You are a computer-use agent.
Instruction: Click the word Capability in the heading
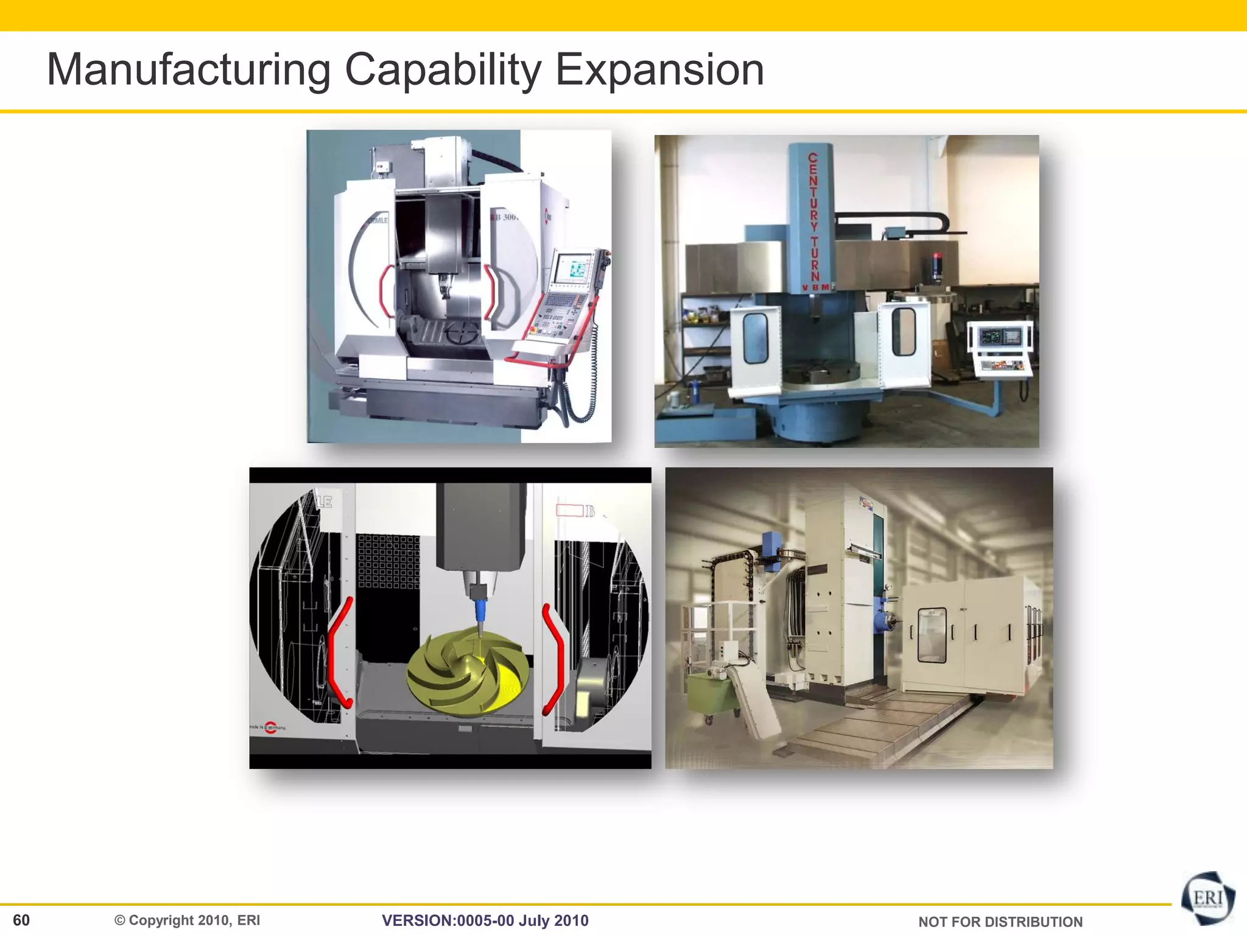point(443,70)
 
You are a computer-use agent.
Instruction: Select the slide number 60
point(21,920)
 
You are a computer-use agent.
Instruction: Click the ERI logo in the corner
point(1208,898)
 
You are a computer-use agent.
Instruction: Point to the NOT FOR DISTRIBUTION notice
point(1000,922)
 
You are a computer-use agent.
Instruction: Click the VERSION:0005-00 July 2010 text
point(485,920)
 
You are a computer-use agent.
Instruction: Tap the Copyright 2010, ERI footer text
point(188,920)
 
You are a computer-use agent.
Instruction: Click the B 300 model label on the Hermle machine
point(505,217)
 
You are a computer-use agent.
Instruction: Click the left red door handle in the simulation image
point(338,651)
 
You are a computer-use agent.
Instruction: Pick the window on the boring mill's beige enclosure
point(932,634)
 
